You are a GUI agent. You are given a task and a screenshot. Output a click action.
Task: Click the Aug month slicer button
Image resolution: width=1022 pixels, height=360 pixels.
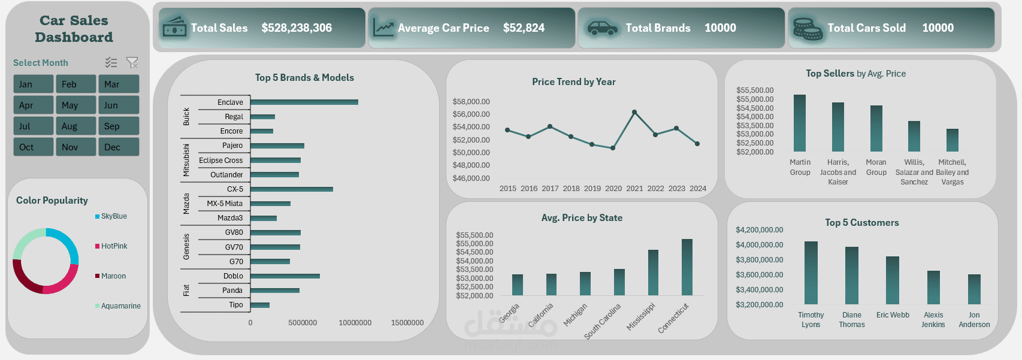coord(75,126)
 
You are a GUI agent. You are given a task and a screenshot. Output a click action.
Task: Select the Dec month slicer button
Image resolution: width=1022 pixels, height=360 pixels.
coord(119,147)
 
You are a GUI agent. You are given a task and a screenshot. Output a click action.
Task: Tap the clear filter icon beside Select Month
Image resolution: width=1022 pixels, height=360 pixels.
coord(132,62)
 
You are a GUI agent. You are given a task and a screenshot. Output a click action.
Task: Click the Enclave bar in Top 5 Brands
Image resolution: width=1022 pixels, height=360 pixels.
coord(304,102)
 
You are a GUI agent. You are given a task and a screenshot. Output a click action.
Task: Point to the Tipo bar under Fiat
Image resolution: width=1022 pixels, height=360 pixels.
coord(260,305)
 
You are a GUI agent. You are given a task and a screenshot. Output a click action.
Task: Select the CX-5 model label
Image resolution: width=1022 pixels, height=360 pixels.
coord(235,189)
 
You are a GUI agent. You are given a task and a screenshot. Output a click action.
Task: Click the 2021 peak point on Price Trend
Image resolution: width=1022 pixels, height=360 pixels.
coord(634,112)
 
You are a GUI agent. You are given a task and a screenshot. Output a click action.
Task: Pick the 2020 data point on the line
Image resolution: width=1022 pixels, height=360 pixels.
coord(613,148)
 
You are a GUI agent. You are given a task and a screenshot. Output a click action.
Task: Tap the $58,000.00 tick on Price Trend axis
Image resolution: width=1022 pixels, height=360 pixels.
coord(471,102)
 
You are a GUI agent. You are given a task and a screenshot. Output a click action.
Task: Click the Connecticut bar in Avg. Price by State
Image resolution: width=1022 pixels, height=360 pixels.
coord(687,267)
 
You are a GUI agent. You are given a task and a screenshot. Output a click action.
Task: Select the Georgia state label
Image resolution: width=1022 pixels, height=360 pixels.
coord(509,313)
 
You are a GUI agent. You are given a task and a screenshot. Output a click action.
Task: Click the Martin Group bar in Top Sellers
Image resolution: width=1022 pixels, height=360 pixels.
coord(800,123)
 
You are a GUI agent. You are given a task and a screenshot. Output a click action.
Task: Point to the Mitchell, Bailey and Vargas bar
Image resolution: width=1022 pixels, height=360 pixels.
coord(953,140)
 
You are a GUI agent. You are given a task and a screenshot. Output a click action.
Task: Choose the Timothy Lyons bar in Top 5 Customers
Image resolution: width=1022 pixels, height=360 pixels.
coord(811,273)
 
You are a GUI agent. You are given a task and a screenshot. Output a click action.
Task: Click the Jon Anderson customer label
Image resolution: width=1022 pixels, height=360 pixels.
coord(974,319)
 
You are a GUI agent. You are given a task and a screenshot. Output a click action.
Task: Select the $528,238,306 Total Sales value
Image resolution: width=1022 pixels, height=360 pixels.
coord(297,28)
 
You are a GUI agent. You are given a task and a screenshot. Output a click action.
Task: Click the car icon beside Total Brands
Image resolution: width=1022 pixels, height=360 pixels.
coord(602,28)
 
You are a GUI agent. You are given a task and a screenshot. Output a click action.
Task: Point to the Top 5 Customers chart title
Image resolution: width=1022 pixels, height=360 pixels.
coord(861,223)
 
